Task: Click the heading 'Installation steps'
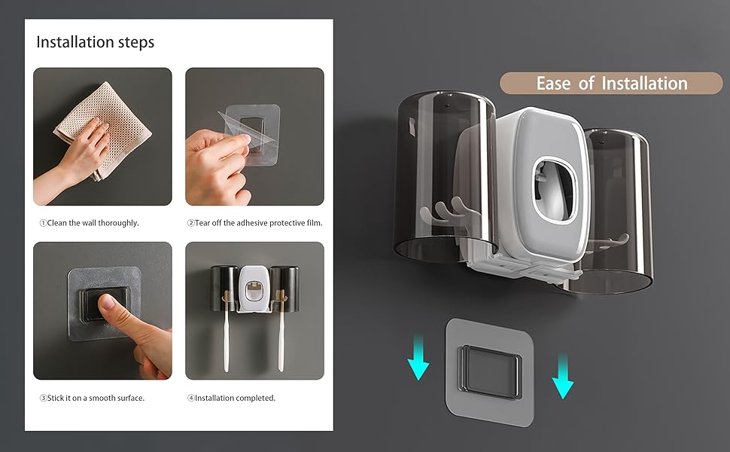(95, 42)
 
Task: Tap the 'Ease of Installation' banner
(611, 84)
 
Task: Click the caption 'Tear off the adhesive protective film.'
(258, 223)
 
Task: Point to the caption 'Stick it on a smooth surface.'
(96, 398)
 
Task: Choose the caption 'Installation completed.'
(235, 398)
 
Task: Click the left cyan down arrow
(418, 357)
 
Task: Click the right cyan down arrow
(563, 376)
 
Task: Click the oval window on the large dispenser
(554, 189)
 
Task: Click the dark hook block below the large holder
(490, 373)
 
